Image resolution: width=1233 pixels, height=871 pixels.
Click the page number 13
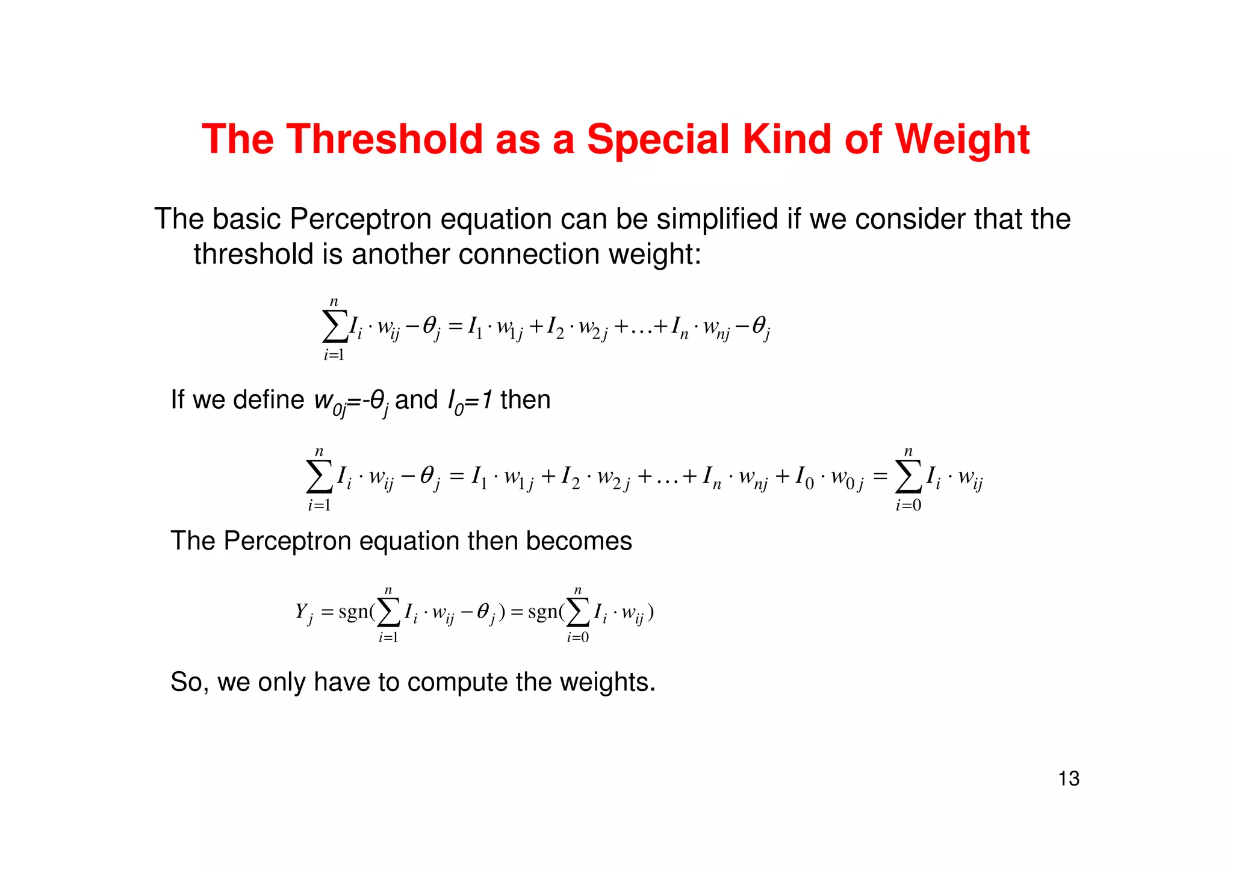(x=1069, y=779)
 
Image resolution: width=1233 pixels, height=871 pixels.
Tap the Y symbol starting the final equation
(x=302, y=612)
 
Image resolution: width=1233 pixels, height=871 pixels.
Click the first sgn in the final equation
(x=353, y=612)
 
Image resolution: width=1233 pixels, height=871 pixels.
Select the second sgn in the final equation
(x=542, y=612)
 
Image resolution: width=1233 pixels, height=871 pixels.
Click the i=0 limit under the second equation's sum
(x=908, y=506)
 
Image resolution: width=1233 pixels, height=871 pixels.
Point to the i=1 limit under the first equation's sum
(x=334, y=355)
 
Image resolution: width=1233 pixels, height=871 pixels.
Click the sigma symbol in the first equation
(x=335, y=326)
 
